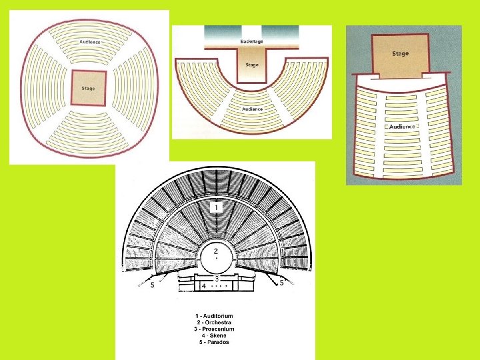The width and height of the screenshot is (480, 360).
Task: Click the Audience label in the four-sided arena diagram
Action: click(90, 41)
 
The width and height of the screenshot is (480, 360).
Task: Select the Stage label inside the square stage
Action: click(88, 88)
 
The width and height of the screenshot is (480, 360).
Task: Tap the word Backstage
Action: click(251, 41)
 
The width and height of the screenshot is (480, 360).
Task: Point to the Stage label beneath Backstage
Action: click(251, 65)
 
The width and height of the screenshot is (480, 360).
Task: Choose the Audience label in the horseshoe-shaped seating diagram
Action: click(252, 108)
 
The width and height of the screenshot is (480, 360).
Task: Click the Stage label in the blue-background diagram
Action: click(401, 53)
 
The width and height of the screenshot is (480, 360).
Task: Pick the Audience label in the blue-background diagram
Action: click(402, 126)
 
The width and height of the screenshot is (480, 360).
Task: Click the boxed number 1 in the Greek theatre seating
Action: click(215, 208)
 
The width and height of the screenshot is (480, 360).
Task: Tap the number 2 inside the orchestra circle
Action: click(215, 251)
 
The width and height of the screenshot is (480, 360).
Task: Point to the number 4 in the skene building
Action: click(203, 285)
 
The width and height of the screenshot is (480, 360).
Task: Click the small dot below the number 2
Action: click(215, 259)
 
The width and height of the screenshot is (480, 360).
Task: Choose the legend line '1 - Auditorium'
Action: click(215, 316)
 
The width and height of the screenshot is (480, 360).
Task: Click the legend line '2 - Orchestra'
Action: click(215, 323)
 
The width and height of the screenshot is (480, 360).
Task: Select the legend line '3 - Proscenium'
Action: click(215, 329)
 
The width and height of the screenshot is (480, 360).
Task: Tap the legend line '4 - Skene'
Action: click(215, 336)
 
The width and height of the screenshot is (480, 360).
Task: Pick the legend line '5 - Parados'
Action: click(215, 343)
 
